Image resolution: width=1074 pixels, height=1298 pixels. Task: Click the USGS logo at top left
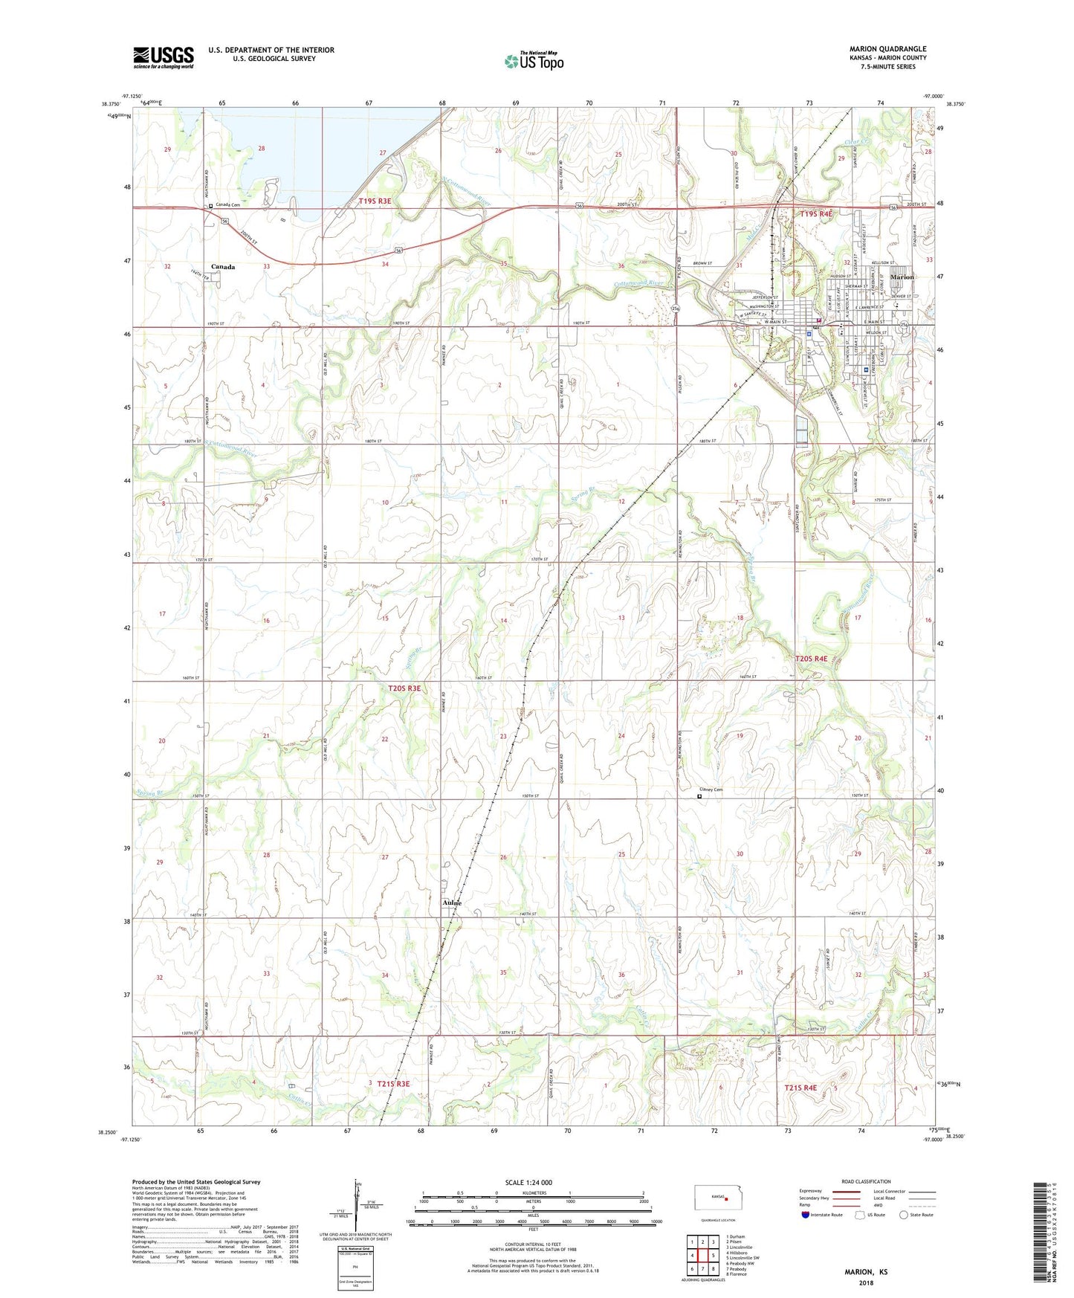[163, 56]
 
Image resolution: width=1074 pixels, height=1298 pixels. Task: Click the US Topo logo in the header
[533, 61]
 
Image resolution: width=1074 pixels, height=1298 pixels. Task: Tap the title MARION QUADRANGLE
[887, 49]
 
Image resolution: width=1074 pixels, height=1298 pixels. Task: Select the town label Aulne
[452, 903]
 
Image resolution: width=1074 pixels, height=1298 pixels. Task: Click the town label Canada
[223, 266]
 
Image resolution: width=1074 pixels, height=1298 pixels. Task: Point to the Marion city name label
[902, 277]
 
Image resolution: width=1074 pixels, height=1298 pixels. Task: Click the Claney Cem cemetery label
[711, 790]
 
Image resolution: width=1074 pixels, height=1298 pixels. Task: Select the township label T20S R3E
[404, 688]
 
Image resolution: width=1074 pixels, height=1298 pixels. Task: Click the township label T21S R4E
[800, 1088]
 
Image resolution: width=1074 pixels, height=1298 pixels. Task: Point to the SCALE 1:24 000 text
[528, 1182]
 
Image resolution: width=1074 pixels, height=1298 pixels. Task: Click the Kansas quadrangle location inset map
[713, 1198]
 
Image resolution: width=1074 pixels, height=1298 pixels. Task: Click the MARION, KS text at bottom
[866, 1272]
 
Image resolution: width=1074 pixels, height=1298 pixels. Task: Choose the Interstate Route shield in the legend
[806, 1215]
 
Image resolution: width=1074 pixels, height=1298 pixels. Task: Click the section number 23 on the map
[503, 736]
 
